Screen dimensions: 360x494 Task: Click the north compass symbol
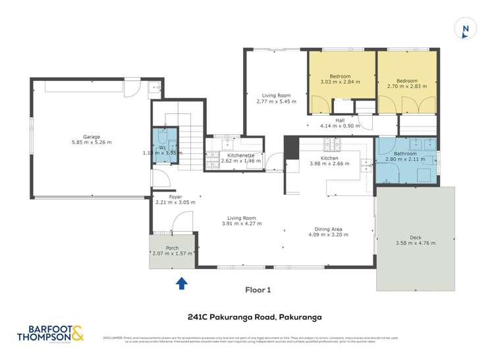466,28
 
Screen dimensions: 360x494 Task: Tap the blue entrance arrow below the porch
182,283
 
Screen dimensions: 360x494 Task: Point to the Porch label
172,248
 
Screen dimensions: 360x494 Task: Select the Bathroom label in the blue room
402,152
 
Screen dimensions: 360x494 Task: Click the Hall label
340,120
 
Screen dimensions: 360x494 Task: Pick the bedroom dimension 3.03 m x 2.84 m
340,82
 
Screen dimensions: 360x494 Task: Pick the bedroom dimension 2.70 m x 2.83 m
407,86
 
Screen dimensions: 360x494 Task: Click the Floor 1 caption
258,290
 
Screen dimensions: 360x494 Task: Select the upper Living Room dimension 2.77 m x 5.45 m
276,102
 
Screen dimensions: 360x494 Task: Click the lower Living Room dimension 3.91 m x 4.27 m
241,224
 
